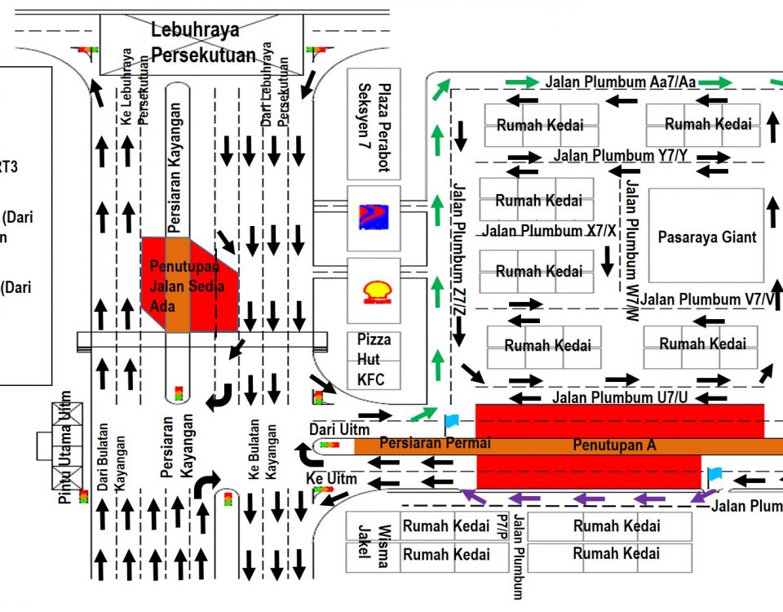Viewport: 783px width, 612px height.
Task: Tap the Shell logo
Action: click(375, 292)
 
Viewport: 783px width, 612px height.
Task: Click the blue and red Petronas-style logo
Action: click(374, 217)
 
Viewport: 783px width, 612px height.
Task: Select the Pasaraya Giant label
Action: click(707, 237)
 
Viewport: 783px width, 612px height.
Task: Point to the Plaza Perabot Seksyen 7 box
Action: click(374, 124)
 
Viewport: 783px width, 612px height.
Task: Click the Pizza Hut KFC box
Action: click(374, 359)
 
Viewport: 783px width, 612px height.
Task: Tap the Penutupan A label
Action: click(614, 446)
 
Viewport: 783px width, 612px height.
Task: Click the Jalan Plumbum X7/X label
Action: click(551, 231)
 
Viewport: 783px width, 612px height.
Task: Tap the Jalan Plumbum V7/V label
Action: click(706, 299)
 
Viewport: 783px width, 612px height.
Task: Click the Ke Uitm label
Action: click(332, 478)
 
